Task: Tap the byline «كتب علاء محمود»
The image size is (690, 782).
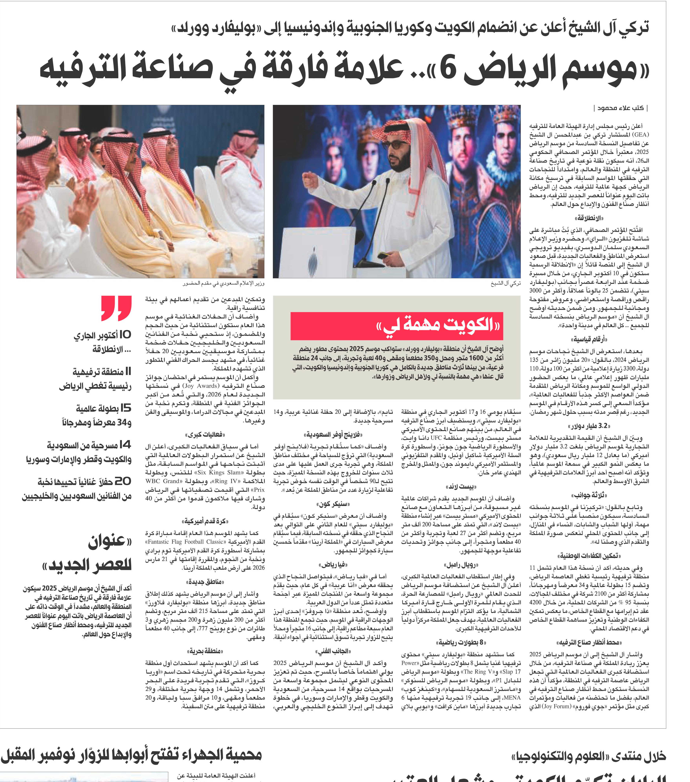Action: [620, 108]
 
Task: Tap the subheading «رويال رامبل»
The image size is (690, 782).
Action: [461, 565]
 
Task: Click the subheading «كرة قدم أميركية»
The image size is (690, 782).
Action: [205, 521]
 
